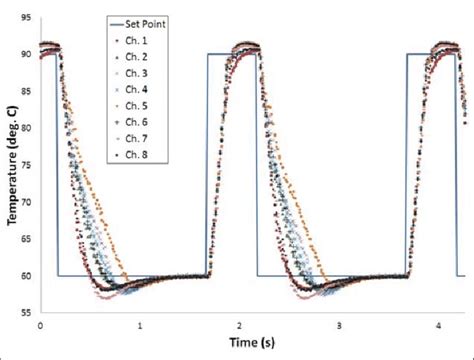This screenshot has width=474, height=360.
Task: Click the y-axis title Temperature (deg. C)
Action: tap(11, 165)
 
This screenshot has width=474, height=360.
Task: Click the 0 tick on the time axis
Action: tap(40, 325)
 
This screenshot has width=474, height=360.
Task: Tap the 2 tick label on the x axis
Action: tap(240, 325)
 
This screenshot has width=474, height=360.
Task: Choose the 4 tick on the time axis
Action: tap(439, 325)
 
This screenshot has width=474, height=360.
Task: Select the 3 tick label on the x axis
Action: tap(340, 325)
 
